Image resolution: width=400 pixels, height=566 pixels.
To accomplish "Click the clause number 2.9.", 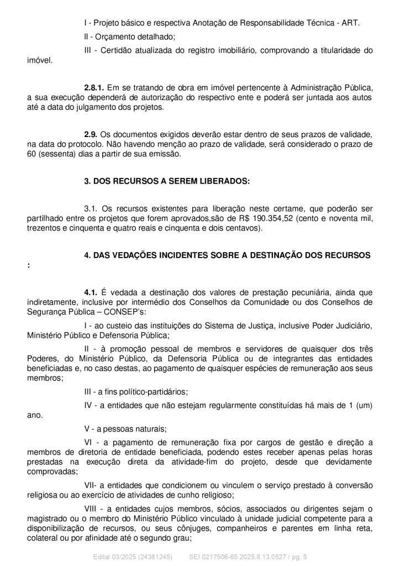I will tap(91, 135).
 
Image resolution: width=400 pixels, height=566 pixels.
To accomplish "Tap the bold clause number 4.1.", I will tap(91, 291).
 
